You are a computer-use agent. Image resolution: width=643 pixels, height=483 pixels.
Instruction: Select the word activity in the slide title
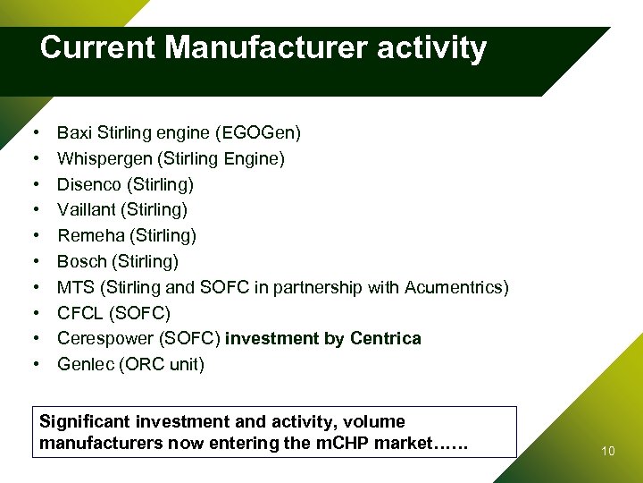432,47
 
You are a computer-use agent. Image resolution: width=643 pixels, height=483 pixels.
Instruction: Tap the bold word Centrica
386,338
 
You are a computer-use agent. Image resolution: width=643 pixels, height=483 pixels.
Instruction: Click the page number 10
608,451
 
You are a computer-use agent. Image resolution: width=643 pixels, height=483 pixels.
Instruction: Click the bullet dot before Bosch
34,262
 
